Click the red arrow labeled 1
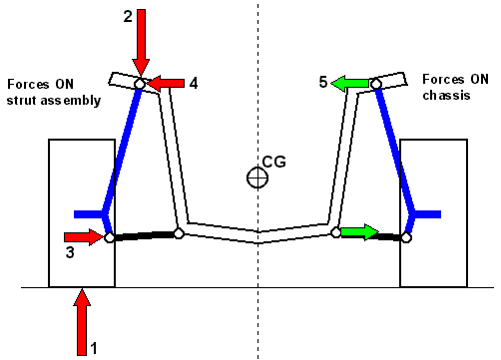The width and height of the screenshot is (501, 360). point(82,320)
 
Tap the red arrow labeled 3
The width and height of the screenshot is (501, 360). point(83,237)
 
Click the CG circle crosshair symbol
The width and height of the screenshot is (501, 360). point(258,178)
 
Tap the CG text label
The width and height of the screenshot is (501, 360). point(272,161)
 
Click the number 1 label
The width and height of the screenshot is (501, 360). point(96,349)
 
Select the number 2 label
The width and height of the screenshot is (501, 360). point(127,16)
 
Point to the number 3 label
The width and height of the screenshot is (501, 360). point(70,254)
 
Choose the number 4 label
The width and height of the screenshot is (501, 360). point(193,83)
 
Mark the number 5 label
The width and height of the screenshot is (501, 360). point(323,83)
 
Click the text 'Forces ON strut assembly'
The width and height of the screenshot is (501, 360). point(54,92)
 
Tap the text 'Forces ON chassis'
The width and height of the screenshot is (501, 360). point(456,85)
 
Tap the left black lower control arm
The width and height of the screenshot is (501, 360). point(143,235)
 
